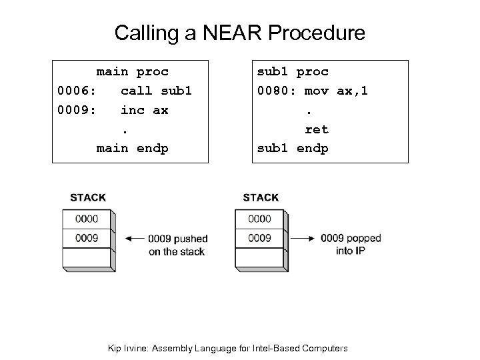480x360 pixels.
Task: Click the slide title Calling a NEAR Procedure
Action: point(239,33)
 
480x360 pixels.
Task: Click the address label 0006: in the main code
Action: point(75,91)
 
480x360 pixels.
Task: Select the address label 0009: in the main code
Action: point(75,110)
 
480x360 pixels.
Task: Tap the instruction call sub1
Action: point(155,91)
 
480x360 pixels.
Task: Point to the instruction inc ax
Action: point(144,110)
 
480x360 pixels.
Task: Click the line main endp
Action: point(132,148)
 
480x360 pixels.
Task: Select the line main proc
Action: point(132,71)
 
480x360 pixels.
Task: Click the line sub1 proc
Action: point(293,71)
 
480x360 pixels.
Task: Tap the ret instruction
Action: point(317,129)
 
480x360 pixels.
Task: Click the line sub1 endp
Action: point(293,148)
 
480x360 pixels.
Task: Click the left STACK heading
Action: point(88,197)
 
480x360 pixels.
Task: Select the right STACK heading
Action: point(261,197)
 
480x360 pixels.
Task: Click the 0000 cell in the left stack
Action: point(87,219)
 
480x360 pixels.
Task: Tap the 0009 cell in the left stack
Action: point(87,238)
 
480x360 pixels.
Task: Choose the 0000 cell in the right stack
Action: point(259,219)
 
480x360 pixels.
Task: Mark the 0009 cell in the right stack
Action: point(259,238)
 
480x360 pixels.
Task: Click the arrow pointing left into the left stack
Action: point(134,238)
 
